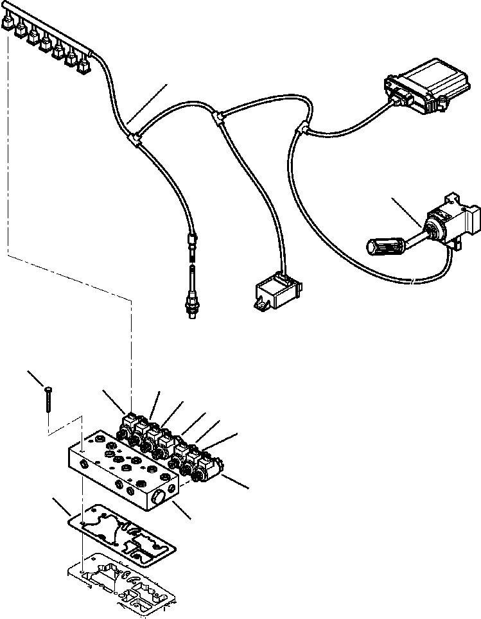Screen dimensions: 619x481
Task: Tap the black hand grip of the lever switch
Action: click(x=385, y=245)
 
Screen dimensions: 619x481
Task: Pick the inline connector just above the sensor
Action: click(x=191, y=245)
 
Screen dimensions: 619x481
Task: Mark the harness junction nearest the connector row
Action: click(x=136, y=137)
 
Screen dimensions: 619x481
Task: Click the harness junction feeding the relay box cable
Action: click(x=219, y=116)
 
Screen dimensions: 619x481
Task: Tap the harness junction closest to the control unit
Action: click(x=298, y=129)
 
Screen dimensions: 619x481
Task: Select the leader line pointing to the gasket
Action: click(x=62, y=507)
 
